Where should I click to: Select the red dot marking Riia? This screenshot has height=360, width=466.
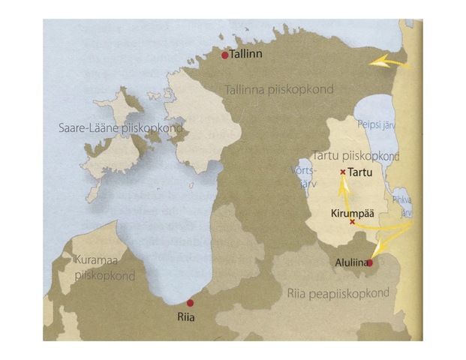[190, 302]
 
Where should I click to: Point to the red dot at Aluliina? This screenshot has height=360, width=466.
[369, 262]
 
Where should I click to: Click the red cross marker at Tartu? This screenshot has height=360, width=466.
[343, 172]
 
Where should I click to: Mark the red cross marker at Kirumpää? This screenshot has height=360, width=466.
[352, 221]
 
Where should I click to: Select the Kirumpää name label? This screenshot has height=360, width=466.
[351, 212]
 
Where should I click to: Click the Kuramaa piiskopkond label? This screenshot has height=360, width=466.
[104, 267]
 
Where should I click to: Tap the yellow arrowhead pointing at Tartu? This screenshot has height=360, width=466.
[342, 184]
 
